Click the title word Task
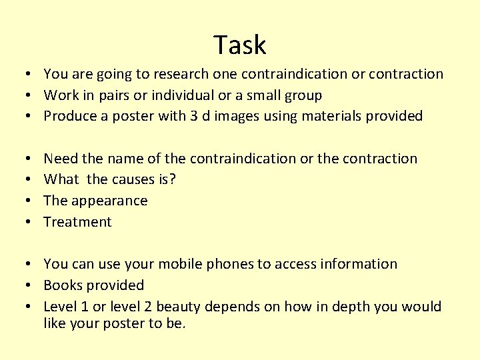point(240,45)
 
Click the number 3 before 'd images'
point(193,117)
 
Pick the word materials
point(331,117)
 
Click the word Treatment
point(77,222)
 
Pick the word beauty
point(179,307)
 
